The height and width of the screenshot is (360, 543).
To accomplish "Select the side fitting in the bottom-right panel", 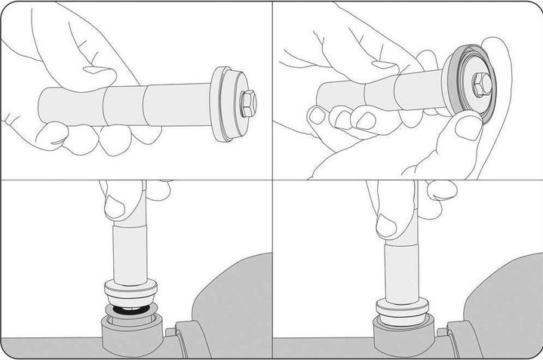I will point(461,340).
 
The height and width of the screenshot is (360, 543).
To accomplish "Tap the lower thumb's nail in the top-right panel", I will point(469,128).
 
